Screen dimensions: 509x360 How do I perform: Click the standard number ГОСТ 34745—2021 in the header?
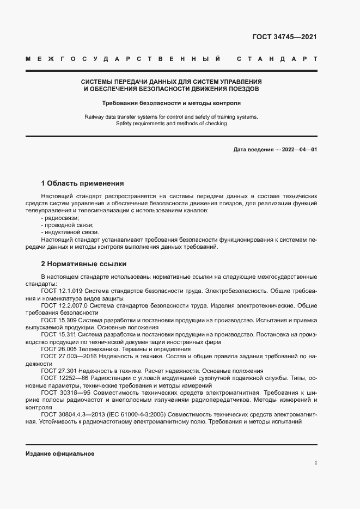(x=285, y=37)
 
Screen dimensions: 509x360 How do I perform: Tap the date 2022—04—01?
(x=298, y=149)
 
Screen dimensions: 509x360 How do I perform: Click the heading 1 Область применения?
(x=82, y=183)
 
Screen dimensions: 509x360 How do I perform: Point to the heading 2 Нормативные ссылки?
(x=83, y=264)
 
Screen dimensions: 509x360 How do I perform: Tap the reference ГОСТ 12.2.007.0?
(x=63, y=306)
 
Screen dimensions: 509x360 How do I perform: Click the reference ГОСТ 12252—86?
(x=65, y=378)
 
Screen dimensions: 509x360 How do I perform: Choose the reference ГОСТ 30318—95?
(x=65, y=393)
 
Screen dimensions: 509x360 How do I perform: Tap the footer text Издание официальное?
(x=60, y=453)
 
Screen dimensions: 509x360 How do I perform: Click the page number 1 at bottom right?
(x=315, y=463)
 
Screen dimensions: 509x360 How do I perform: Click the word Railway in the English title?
(x=95, y=116)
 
